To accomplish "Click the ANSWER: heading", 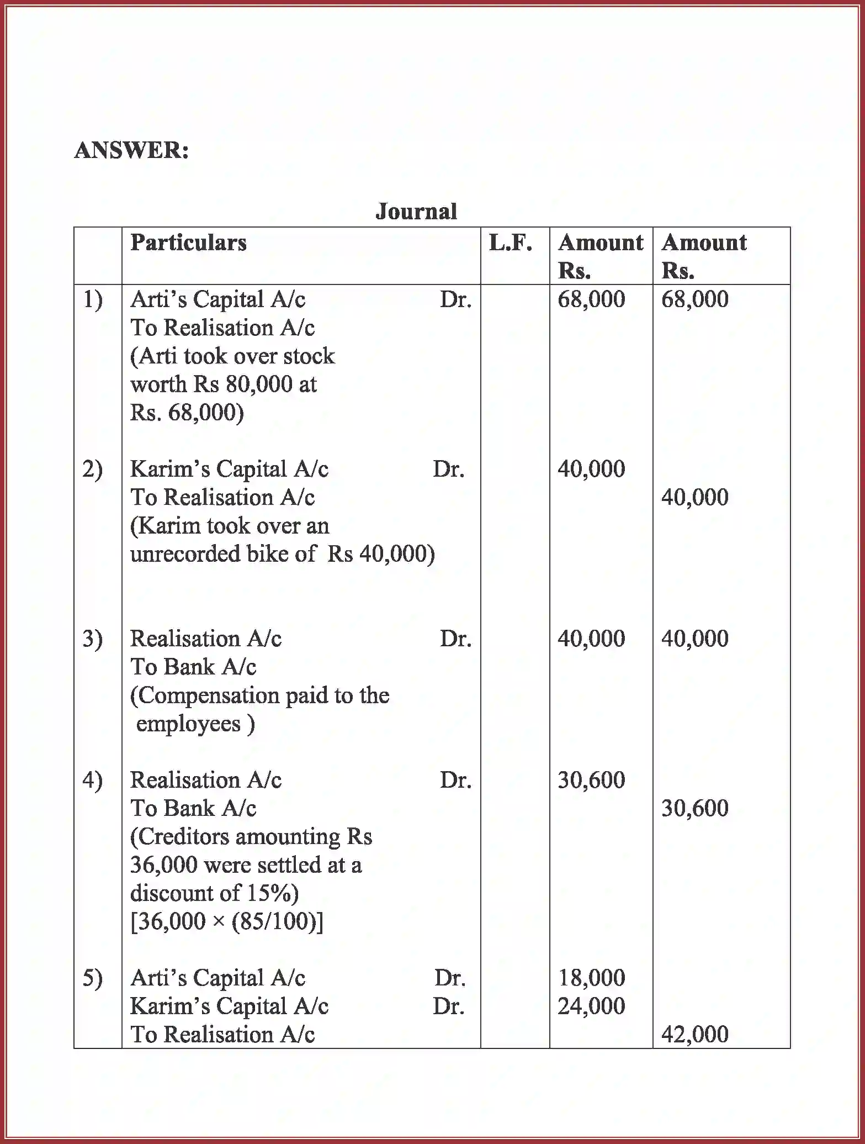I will point(131,150).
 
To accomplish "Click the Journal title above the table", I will point(416,212).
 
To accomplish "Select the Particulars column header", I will point(188,242).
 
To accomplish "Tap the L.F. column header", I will point(511,242).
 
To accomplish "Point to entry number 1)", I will point(93,300).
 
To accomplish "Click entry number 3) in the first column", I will point(93,639).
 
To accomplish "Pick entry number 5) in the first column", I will point(93,978).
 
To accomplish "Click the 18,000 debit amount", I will point(591,978).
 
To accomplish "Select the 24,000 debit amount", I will point(591,1006).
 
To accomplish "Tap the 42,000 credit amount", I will point(694,1034).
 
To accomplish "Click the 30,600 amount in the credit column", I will point(694,808).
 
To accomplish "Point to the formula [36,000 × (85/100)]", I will point(227,921).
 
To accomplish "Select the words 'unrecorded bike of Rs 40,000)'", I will point(282,554).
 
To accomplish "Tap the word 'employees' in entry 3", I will point(188,724).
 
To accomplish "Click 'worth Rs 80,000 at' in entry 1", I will point(224,384).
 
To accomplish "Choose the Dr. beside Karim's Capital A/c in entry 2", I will point(448,470).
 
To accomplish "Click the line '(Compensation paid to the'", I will point(259,695).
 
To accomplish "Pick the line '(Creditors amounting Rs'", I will point(251,837).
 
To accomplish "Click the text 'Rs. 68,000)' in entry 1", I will point(187,413).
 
